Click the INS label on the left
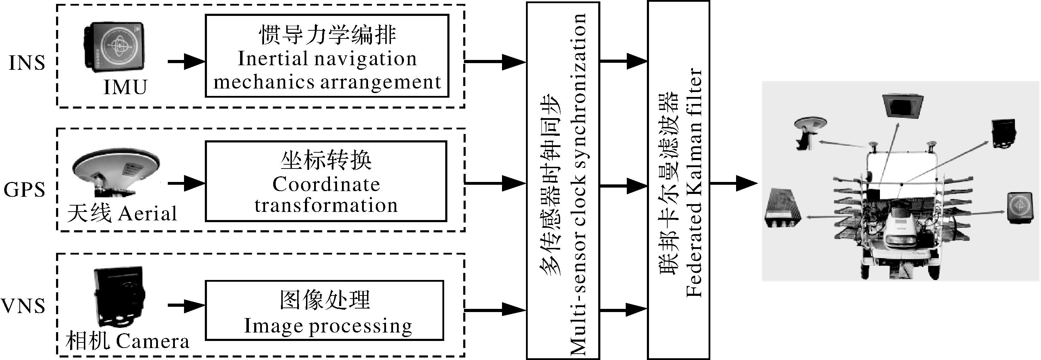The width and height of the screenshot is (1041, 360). click(27, 63)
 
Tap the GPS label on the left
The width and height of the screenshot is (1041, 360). click(24, 189)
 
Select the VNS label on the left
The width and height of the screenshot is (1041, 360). click(23, 306)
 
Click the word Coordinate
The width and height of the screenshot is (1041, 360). click(326, 185)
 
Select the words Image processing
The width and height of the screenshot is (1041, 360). click(328, 326)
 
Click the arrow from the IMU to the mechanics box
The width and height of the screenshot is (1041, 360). click(186, 62)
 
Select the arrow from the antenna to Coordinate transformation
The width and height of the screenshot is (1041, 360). click(186, 183)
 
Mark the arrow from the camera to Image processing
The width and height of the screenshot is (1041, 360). click(186, 305)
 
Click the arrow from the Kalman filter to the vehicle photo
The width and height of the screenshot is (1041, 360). click(734, 183)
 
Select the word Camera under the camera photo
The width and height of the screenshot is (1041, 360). click(152, 341)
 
